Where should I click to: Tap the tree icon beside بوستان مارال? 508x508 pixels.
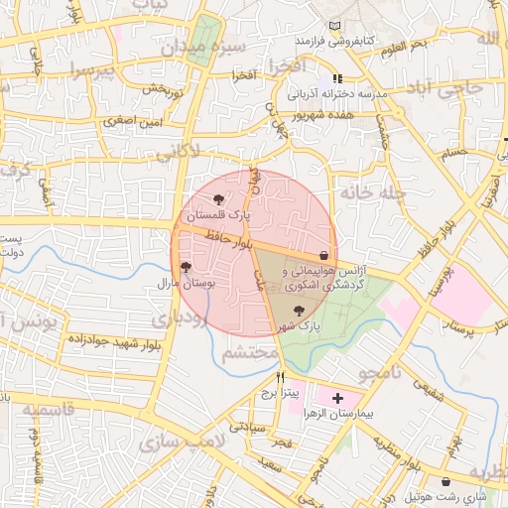186,267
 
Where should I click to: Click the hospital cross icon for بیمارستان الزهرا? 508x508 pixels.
337,397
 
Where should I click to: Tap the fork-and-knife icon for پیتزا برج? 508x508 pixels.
281,378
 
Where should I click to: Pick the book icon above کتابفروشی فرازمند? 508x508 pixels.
333,24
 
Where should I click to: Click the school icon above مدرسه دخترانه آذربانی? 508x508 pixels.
337,78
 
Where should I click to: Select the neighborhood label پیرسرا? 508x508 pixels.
93,70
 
